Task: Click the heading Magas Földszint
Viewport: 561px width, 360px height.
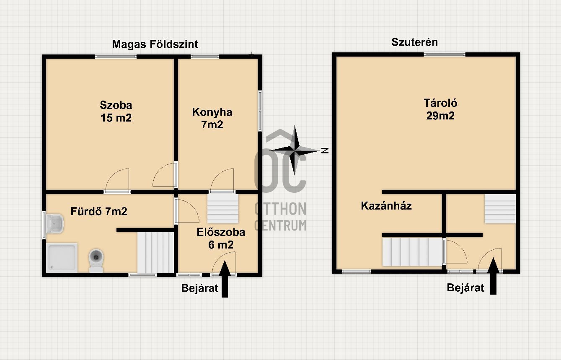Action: pos(155,44)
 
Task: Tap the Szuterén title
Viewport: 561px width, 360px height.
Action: pos(414,42)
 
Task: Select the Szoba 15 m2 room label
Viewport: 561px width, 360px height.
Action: pos(116,111)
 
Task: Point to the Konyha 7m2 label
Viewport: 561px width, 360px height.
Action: pos(212,118)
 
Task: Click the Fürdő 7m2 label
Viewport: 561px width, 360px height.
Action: pos(99,211)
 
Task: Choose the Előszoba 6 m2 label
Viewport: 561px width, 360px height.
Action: pos(221,238)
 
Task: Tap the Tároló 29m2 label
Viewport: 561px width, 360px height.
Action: pos(440,109)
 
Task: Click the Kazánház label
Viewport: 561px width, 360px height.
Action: pos(386,206)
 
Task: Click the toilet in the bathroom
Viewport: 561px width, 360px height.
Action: pos(96,260)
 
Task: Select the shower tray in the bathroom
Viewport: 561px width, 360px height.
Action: pos(62,258)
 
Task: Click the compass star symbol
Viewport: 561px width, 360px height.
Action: pos(295,150)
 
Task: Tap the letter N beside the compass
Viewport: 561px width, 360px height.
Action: pos(325,150)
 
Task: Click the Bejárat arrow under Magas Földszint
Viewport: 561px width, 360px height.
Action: pos(225,279)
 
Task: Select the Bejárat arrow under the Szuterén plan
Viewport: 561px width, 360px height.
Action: pos(493,276)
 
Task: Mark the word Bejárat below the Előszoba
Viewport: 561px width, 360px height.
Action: pos(199,288)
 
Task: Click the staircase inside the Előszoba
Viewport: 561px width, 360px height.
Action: pos(222,208)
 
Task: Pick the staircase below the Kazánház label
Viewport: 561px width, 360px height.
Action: pos(412,251)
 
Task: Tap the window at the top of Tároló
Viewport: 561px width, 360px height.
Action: pos(445,54)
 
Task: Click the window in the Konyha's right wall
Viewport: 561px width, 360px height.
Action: pos(260,111)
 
